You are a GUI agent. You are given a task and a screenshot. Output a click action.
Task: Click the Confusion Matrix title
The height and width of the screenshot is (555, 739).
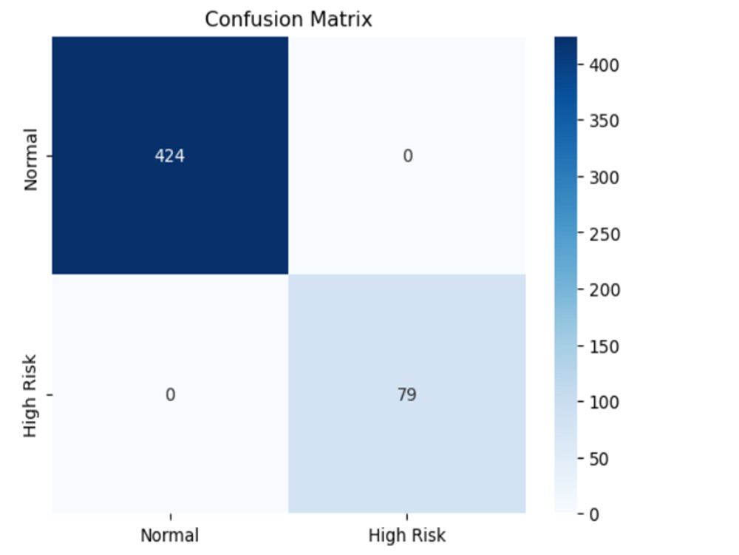(x=288, y=19)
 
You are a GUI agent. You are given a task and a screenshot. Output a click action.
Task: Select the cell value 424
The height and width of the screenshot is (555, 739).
(x=170, y=155)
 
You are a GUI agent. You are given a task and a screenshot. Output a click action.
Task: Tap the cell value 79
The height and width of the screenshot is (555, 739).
(x=406, y=394)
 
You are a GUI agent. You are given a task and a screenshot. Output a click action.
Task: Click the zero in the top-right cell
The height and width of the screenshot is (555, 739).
(x=408, y=155)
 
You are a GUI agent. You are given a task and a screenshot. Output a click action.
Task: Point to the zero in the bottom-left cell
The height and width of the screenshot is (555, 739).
(x=170, y=394)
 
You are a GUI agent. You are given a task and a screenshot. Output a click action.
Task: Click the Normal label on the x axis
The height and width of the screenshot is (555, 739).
(x=170, y=535)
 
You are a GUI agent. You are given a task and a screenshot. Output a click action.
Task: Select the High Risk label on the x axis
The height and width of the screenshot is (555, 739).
(x=406, y=535)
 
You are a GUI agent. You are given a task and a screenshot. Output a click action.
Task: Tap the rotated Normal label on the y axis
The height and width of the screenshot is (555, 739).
(x=30, y=160)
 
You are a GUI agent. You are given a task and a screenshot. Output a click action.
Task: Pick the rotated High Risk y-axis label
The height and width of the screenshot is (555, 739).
(x=30, y=396)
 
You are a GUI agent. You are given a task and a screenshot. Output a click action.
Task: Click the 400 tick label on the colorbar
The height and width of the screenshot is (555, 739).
(x=605, y=65)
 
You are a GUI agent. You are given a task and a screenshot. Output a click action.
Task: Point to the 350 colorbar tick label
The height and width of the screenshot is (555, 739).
(x=605, y=121)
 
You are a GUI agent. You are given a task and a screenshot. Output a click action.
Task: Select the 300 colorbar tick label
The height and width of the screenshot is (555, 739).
(x=605, y=178)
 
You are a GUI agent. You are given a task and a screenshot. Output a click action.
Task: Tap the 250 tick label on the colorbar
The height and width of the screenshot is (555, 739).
(x=605, y=234)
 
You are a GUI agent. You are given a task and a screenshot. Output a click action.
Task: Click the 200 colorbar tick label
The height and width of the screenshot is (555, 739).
(x=605, y=290)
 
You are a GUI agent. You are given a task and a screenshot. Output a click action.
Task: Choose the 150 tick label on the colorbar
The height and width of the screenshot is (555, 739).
(x=605, y=346)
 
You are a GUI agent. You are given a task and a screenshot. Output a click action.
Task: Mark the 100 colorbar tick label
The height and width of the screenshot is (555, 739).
(x=605, y=402)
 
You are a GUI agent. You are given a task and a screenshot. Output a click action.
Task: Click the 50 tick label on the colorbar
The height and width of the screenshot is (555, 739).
(x=599, y=459)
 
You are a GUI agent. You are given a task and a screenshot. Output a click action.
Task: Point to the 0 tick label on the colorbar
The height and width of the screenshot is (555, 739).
(x=594, y=514)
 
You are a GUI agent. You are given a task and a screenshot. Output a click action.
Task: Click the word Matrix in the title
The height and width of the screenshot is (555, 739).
(x=341, y=19)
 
